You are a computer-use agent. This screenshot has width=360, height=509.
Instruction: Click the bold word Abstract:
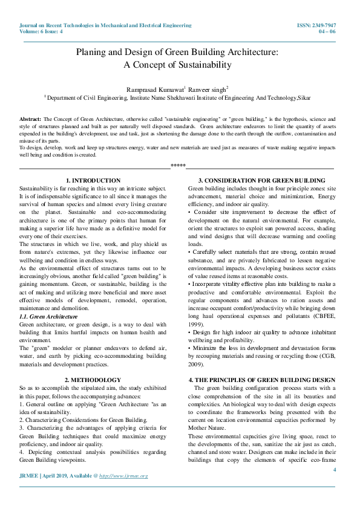[x=31, y=120]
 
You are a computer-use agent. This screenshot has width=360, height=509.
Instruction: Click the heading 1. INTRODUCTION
[x=93, y=180]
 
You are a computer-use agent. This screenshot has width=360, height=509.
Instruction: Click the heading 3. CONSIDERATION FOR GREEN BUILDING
[x=261, y=180]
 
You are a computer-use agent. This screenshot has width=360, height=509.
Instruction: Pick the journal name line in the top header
[x=106, y=25]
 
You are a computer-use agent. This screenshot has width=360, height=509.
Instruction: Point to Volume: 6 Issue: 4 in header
[x=42, y=31]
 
